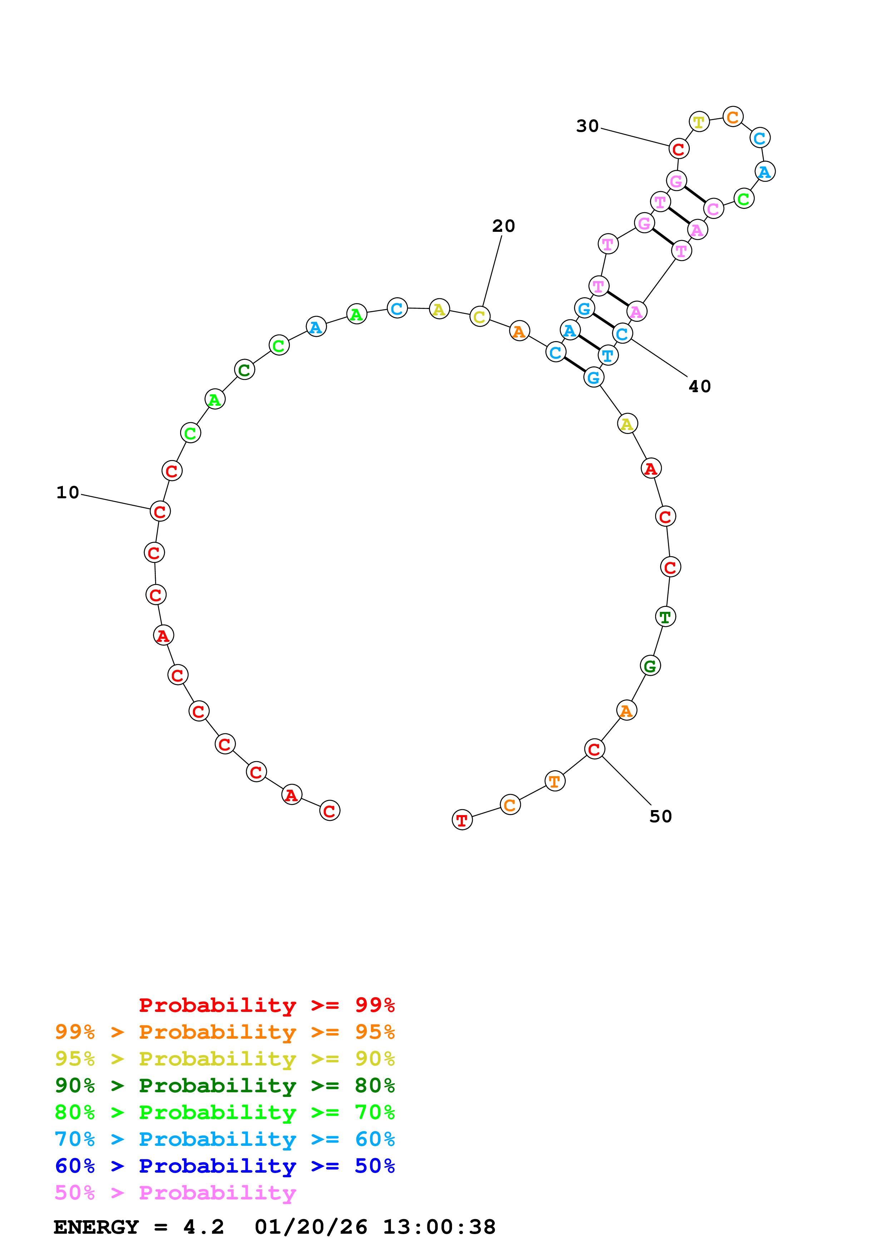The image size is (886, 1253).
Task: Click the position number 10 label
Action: pyautogui.click(x=68, y=493)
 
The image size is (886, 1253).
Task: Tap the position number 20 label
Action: pyautogui.click(x=503, y=226)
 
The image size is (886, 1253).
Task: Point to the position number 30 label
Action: pyautogui.click(x=588, y=126)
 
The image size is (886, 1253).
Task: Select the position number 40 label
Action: pyautogui.click(x=699, y=386)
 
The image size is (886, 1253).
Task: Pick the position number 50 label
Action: pyautogui.click(x=660, y=817)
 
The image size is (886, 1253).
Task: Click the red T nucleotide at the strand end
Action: pyautogui.click(x=462, y=820)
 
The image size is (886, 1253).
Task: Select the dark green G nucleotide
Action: pyautogui.click(x=650, y=666)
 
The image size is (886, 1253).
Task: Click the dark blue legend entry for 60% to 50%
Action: pyautogui.click(x=224, y=1166)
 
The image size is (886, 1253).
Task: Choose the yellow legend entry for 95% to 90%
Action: pyautogui.click(x=224, y=1059)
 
